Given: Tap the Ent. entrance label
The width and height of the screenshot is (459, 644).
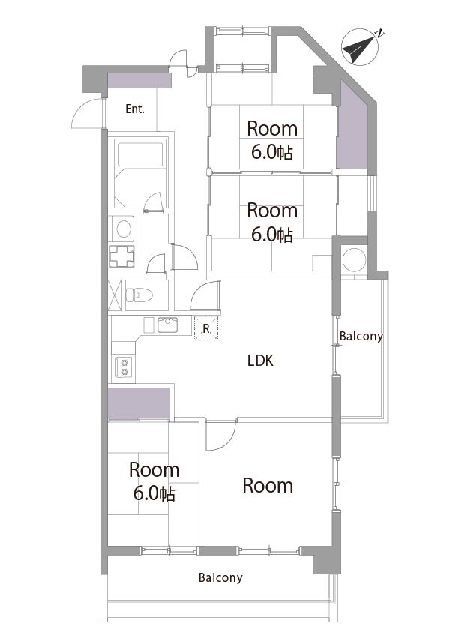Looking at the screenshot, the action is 135,109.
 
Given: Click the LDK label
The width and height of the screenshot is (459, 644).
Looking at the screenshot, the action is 260,361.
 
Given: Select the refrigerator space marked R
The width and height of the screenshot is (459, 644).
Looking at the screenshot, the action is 206,328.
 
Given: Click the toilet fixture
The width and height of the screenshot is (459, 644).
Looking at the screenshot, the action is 139,295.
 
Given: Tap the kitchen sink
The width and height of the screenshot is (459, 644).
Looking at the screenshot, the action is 168,325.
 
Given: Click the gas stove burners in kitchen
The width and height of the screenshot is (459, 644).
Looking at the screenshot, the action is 124,367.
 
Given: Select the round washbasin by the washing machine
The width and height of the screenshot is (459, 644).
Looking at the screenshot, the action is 123,229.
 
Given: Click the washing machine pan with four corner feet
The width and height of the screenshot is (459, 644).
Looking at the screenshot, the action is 121,256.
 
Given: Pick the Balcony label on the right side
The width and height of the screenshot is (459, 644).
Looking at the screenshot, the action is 361,337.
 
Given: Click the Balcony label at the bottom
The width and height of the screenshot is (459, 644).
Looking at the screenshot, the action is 220,577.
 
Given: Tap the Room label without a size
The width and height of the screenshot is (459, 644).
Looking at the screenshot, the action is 268,486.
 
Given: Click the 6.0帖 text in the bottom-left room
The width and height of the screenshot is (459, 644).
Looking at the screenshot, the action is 154,493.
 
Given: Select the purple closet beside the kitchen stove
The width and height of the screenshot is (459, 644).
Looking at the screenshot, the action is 139,404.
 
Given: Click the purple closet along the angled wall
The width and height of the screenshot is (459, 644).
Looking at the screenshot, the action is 352,127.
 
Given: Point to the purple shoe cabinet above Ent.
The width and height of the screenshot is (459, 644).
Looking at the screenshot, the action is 139,80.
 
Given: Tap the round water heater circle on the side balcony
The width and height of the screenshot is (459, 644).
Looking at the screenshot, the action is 354,259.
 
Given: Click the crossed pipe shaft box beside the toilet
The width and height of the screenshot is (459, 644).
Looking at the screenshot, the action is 115,295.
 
